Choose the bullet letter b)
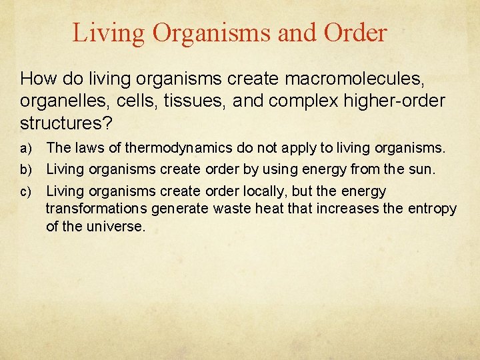(x=26, y=170)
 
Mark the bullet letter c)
(x=26, y=192)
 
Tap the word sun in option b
(x=422, y=170)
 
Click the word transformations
(x=97, y=209)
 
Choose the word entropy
(x=433, y=209)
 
